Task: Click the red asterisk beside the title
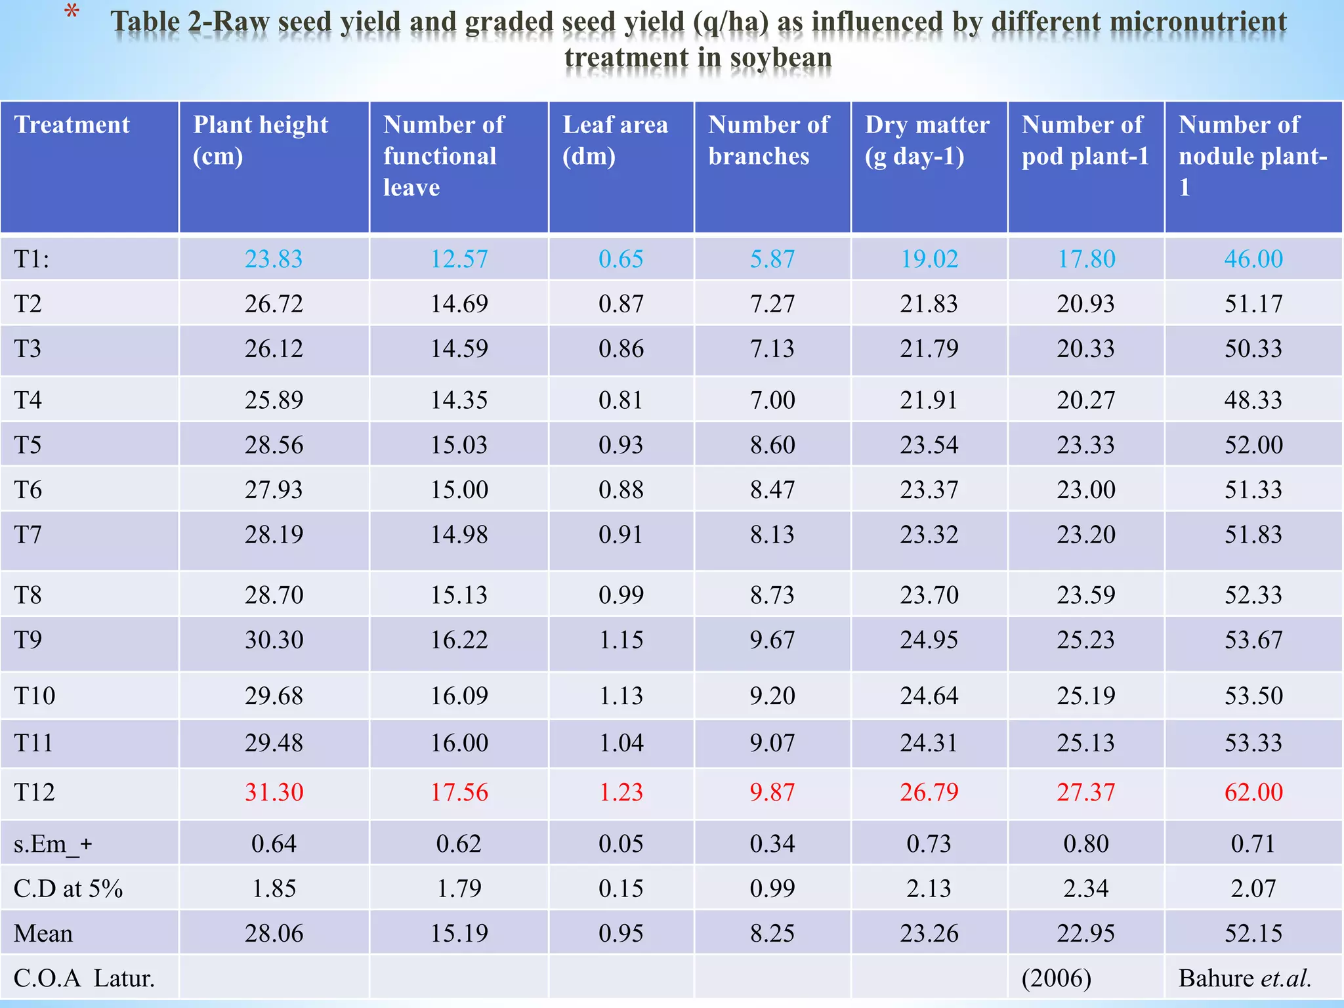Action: (72, 12)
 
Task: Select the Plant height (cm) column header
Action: (261, 140)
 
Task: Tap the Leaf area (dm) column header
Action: (615, 140)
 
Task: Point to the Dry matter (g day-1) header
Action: (927, 140)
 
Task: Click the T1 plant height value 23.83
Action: (274, 259)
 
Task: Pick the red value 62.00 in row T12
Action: (1253, 792)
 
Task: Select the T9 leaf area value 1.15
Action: (621, 640)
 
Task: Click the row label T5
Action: (28, 445)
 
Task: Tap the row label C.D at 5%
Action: (68, 889)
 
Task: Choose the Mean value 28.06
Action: (274, 933)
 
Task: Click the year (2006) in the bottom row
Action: (1057, 978)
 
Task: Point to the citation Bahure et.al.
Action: (1244, 978)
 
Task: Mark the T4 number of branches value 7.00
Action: (772, 400)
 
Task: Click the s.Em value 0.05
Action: (621, 844)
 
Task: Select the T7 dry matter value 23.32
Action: (929, 535)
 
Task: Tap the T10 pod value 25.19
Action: (1085, 696)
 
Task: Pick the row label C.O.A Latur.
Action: (84, 978)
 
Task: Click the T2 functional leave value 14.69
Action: (459, 304)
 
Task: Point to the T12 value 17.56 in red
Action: (459, 792)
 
